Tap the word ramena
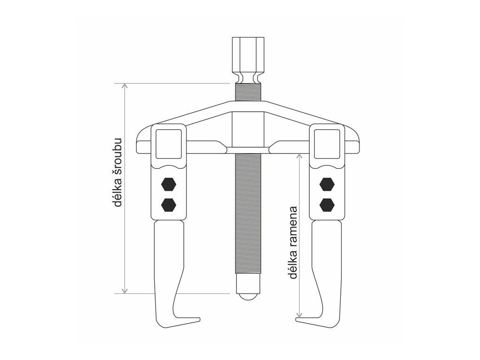coord(294,225)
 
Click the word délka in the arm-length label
coord(294,265)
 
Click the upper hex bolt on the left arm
coord(168,184)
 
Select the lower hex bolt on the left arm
coord(168,203)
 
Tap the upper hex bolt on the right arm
coord(327,184)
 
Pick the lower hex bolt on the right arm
coord(327,203)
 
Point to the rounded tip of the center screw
coord(247,296)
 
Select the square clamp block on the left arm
coord(167,143)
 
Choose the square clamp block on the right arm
coord(327,143)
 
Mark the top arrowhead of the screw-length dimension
coord(125,86)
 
